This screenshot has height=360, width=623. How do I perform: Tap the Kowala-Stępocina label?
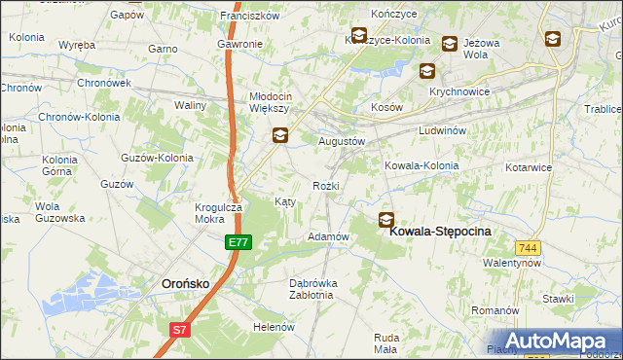pos(440,232)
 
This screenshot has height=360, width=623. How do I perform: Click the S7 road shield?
pos(178,331)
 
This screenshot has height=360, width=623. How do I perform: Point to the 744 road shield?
pos(529,249)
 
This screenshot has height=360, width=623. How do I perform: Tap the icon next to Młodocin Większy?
pos(279,136)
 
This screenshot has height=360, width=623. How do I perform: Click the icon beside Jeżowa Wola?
pos(450,43)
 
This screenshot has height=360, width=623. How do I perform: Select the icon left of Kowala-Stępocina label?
pos(386,220)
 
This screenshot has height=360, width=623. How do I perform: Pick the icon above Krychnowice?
pos(426,70)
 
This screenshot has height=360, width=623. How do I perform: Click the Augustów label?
pos(342,141)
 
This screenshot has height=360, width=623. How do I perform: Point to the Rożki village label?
pos(325,185)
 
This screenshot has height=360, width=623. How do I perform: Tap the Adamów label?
pos(328,236)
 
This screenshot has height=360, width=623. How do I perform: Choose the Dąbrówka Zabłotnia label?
pos(313,290)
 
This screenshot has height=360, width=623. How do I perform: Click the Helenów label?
pos(274,327)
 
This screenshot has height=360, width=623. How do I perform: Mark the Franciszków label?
pos(250,17)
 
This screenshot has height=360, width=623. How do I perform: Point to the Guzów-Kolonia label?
pos(156,157)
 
